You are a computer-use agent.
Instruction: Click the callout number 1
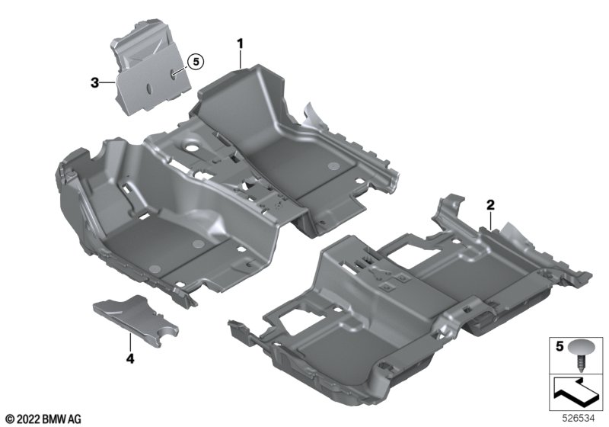241,43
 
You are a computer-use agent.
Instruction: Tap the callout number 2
490,204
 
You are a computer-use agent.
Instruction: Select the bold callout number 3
94,83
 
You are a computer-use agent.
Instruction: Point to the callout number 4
130,358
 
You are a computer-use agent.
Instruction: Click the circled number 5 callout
196,62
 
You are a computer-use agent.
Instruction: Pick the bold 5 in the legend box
560,346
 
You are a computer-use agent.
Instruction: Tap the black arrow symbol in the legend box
574,392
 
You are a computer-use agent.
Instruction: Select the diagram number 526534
579,419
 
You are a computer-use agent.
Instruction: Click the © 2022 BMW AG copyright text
44,419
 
